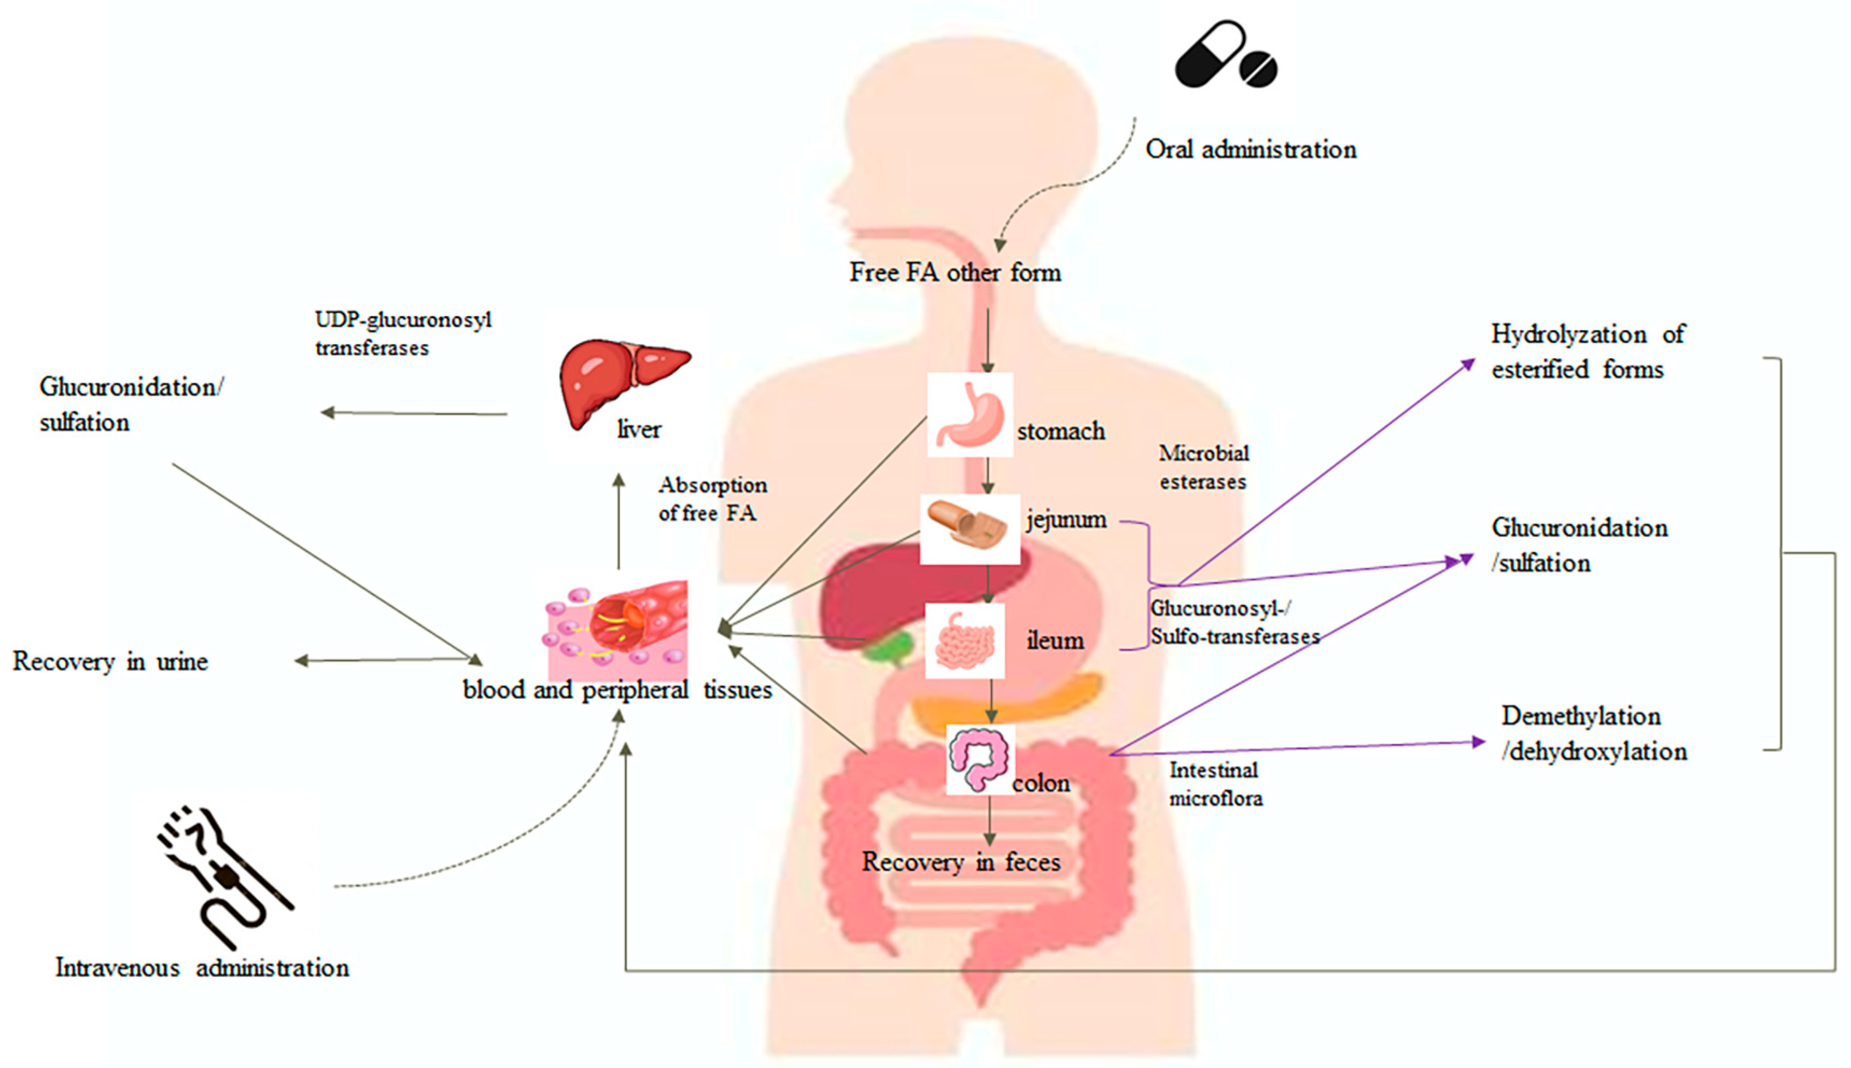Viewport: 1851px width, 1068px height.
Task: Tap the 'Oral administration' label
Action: [x=1250, y=150]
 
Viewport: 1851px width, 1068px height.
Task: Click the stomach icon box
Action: [x=969, y=415]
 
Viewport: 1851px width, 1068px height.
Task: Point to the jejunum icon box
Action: [x=969, y=529]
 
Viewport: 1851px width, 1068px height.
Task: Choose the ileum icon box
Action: [x=964, y=641]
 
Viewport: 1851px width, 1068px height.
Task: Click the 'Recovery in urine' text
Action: [x=110, y=662]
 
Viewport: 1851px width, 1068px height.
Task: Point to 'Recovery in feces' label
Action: [x=960, y=862]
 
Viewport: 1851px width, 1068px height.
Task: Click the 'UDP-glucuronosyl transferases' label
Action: [x=403, y=334]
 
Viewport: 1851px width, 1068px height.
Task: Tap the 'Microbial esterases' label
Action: [x=1203, y=467]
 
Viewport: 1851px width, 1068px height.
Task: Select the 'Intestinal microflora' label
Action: [x=1215, y=784]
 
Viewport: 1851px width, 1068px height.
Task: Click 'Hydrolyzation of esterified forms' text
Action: [x=1587, y=352]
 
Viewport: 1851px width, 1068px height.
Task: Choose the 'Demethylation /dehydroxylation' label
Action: [x=1593, y=734]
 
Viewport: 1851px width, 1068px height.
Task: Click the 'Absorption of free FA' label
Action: [x=712, y=499]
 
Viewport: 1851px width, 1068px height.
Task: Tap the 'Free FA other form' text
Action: [x=955, y=273]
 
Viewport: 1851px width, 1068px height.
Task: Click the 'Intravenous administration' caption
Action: [x=202, y=968]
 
